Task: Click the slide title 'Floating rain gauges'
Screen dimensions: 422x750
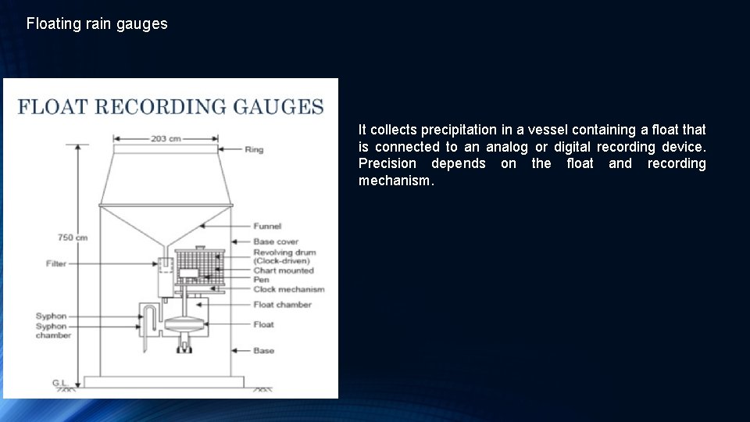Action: click(x=97, y=23)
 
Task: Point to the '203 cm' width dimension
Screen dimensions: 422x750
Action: click(x=165, y=138)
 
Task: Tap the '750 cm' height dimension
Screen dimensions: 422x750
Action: click(x=72, y=237)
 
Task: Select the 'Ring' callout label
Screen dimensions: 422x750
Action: click(x=254, y=148)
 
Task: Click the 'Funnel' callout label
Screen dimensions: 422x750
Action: click(x=267, y=226)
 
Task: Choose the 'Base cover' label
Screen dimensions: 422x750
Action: click(x=276, y=241)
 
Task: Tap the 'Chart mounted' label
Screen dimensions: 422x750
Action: click(x=283, y=270)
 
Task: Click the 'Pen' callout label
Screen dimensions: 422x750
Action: click(x=260, y=280)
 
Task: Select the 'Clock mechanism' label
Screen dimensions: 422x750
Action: click(x=288, y=289)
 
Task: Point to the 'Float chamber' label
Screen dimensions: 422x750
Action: click(x=282, y=304)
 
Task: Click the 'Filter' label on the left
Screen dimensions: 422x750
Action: click(x=56, y=263)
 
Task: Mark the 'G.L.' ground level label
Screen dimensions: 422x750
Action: click(x=61, y=382)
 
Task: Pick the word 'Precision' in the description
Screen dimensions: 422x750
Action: click(x=387, y=163)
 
